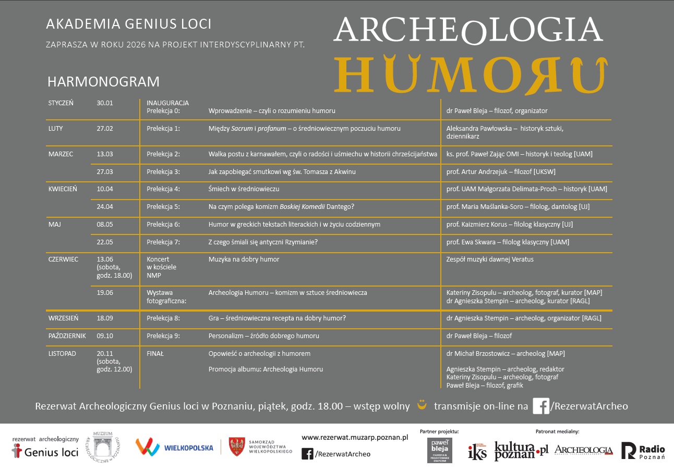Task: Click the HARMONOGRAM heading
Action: coord(103,82)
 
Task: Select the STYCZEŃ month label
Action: coord(61,103)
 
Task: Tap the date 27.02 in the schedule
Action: coord(105,128)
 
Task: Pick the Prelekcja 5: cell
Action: coord(163,207)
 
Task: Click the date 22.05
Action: coord(105,242)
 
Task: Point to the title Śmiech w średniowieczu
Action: coord(244,189)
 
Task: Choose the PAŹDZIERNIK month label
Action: coord(67,336)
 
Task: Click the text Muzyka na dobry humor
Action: coord(244,259)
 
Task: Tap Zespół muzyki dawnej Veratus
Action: coord(490,259)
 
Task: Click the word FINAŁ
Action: coord(155,354)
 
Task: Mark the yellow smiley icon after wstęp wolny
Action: coord(422,404)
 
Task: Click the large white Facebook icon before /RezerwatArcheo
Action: coord(540,406)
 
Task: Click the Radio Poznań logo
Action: coord(643,451)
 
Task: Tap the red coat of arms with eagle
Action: coord(237,447)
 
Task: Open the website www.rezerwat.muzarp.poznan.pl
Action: coord(355,438)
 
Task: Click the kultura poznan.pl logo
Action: coord(521,450)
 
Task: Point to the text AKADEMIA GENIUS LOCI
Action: coord(129,24)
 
